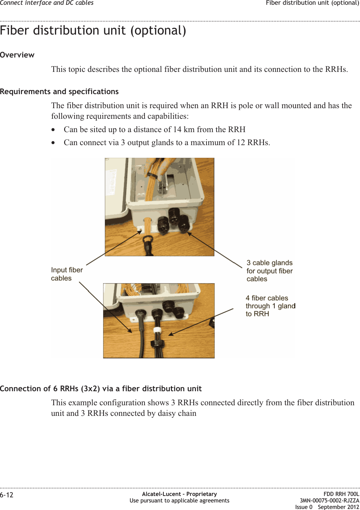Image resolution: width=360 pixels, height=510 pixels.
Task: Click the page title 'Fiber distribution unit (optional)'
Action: (x=93, y=31)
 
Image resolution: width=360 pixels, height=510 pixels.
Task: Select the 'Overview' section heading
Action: (x=17, y=55)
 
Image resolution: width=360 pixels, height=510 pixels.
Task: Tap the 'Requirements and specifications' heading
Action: (x=59, y=92)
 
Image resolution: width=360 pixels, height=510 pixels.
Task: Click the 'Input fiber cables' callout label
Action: (x=67, y=274)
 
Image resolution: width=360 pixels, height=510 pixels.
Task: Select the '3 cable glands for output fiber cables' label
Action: (x=270, y=271)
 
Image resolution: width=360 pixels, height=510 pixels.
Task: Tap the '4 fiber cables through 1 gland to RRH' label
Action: (x=270, y=306)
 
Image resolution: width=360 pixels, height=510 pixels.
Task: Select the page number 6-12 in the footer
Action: (x=7, y=495)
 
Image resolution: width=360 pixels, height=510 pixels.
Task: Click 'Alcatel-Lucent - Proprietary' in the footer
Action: (x=179, y=494)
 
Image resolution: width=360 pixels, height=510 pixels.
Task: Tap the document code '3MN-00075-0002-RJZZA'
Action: (x=330, y=500)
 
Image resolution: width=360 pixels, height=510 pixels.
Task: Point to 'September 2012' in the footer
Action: (x=338, y=507)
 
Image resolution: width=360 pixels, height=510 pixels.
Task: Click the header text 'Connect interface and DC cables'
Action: (x=47, y=3)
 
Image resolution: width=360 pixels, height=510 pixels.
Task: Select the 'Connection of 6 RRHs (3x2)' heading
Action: (x=101, y=389)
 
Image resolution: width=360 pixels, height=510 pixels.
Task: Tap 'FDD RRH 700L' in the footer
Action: (x=341, y=494)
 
